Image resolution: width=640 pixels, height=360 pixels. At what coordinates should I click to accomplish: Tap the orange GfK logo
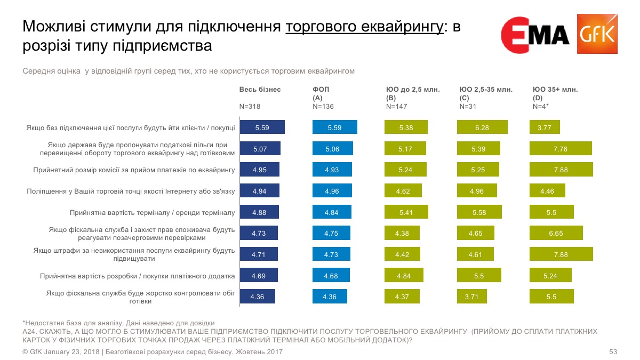[x=597, y=34]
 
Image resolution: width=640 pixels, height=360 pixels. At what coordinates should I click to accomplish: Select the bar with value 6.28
[x=482, y=127]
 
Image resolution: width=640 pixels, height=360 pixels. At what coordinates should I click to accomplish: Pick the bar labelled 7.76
[x=561, y=149]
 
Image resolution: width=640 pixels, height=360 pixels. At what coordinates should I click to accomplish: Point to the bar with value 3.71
[x=471, y=297]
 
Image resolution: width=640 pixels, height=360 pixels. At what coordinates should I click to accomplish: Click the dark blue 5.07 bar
[x=260, y=149]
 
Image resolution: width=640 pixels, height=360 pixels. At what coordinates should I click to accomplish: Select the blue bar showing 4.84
[x=332, y=212]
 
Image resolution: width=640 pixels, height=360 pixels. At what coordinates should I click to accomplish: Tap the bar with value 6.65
[x=556, y=233]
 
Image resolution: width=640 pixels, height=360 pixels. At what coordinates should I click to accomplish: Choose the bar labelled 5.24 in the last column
[x=550, y=276]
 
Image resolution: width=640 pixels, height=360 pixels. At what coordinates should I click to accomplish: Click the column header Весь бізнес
[x=260, y=90]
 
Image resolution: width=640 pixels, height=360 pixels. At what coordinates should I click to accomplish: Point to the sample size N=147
[x=396, y=107]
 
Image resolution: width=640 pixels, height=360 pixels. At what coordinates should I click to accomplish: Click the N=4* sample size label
[x=542, y=107]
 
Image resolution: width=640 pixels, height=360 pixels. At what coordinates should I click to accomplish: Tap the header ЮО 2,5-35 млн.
[x=486, y=90]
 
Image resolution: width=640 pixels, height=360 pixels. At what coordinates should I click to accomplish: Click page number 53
[x=613, y=352]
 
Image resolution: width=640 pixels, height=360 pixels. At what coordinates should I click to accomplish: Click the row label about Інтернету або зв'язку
[x=131, y=191]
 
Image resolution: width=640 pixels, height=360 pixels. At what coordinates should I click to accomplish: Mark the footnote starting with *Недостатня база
[x=118, y=323]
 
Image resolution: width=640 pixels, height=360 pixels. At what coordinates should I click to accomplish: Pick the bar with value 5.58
[x=478, y=212]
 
